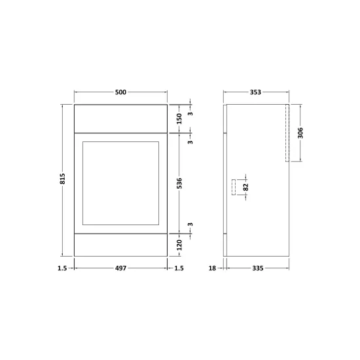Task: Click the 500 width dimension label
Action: [x=120, y=92]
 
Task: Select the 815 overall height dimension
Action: [x=62, y=179]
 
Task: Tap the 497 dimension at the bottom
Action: [x=121, y=268]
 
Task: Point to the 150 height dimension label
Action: [x=179, y=118]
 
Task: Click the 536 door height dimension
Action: [x=179, y=183]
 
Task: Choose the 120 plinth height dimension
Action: [x=179, y=245]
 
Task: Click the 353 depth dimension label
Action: [x=255, y=92]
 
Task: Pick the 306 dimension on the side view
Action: [x=300, y=133]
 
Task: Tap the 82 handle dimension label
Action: [x=246, y=187]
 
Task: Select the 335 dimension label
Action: [x=258, y=268]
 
